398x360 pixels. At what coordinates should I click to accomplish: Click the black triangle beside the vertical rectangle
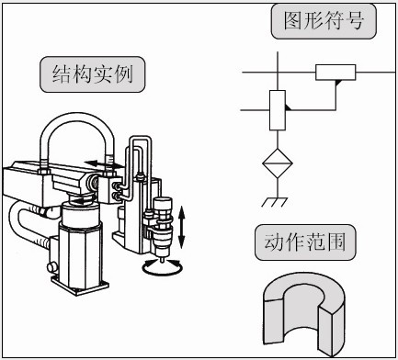(x=289, y=109)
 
